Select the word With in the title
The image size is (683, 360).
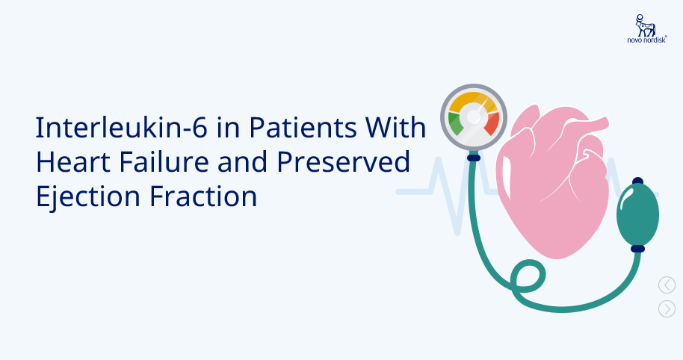pyautogui.click(x=395, y=128)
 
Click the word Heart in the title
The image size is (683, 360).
pyautogui.click(x=73, y=162)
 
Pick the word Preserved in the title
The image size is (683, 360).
pyautogui.click(x=343, y=162)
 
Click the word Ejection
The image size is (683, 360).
pyautogui.click(x=88, y=196)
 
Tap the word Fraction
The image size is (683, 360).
pyautogui.click(x=203, y=196)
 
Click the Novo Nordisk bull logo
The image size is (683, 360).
pyautogui.click(x=645, y=25)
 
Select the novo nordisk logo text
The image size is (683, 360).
pyautogui.click(x=647, y=40)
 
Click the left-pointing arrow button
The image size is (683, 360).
pyautogui.click(x=667, y=285)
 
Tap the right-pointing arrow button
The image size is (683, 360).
pyautogui.click(x=667, y=308)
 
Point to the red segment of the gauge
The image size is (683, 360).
pyautogui.click(x=492, y=124)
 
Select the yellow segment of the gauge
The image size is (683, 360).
pyautogui.click(x=472, y=101)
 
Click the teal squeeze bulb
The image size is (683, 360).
pyautogui.click(x=637, y=214)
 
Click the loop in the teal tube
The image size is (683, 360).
pyautogui.click(x=528, y=276)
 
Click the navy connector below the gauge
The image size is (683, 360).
pyautogui.click(x=474, y=157)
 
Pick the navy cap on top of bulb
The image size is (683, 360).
pyautogui.click(x=637, y=181)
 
